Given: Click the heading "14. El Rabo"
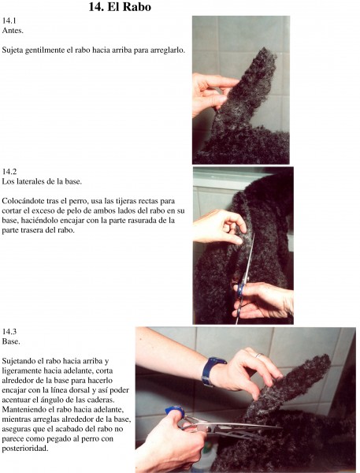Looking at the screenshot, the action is [x=120, y=6].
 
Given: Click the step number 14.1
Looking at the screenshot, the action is [x=9, y=20].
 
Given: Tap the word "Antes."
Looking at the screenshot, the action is [x=13, y=30].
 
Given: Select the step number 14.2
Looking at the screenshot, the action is [x=9, y=171].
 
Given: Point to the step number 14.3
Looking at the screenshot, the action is [x=9, y=332].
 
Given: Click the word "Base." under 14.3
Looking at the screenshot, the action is [x=11, y=341].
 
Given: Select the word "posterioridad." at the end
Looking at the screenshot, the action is [x=24, y=449].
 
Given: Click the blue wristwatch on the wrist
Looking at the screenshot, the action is [x=212, y=371].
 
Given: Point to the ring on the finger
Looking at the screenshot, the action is [x=259, y=355].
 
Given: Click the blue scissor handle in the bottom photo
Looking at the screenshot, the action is [x=176, y=411].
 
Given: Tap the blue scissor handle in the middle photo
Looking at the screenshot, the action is [x=240, y=289].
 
